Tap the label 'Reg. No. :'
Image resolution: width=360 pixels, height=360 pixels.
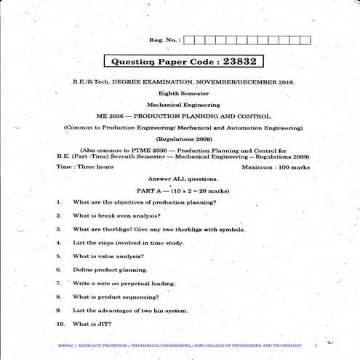pyautogui.click(x=165, y=41)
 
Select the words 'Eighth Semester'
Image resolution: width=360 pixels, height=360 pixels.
pyautogui.click(x=180, y=94)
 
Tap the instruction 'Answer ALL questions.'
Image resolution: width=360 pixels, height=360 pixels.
pyautogui.click(x=182, y=178)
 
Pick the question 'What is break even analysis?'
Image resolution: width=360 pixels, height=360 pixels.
pyautogui.click(x=116, y=215)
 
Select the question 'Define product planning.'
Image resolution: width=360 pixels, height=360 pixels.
pyautogui.click(x=110, y=270)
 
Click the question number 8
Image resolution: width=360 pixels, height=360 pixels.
pyautogui.click(x=58, y=297)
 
